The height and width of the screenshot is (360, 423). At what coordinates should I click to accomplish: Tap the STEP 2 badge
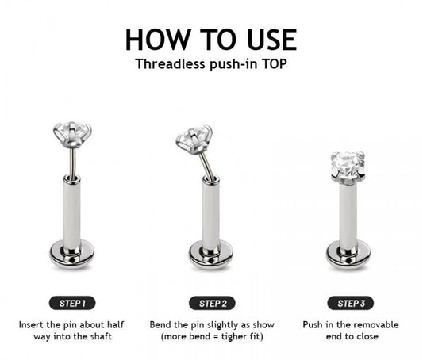211,302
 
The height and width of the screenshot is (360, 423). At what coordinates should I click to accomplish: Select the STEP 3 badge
350,302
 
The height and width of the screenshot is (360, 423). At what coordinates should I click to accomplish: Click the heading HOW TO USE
211,40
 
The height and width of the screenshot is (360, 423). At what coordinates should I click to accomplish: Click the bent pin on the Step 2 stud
206,163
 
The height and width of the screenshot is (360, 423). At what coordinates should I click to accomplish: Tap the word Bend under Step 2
161,325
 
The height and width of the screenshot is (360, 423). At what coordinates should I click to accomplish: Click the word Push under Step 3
314,325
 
